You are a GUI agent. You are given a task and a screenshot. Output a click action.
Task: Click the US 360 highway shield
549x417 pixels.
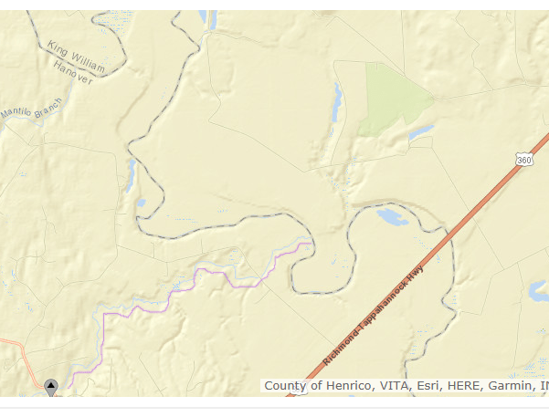[x=523, y=161]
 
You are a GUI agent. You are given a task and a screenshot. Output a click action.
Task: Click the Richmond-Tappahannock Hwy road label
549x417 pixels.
[x=374, y=318]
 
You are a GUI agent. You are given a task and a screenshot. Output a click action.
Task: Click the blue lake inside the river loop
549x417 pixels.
[x=392, y=217]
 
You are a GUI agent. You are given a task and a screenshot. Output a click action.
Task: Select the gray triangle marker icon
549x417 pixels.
[x=51, y=386]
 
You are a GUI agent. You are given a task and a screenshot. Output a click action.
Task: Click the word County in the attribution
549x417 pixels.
[x=285, y=386]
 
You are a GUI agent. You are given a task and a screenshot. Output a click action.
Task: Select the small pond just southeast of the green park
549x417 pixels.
[x=420, y=133]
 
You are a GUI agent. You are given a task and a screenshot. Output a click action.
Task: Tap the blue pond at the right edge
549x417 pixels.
[x=539, y=291]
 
